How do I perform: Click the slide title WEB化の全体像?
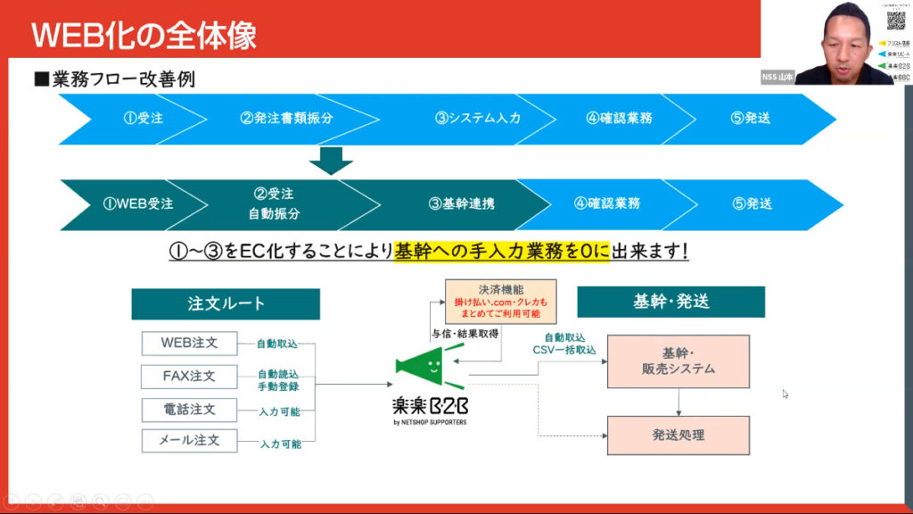coord(144,35)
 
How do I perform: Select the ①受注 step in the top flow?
coord(143,118)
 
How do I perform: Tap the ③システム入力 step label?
coord(477,118)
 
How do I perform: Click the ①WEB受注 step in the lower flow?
coord(138,203)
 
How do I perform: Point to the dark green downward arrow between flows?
coord(332,161)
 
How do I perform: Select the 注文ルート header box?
coord(226,303)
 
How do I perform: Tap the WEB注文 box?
coord(189,343)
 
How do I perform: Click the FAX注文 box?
coord(189,376)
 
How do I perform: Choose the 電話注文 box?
coord(189,409)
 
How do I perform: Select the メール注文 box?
coord(189,440)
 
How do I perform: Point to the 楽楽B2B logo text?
coord(430,406)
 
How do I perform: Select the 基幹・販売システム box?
coord(679,361)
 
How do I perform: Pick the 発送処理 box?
coord(679,435)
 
